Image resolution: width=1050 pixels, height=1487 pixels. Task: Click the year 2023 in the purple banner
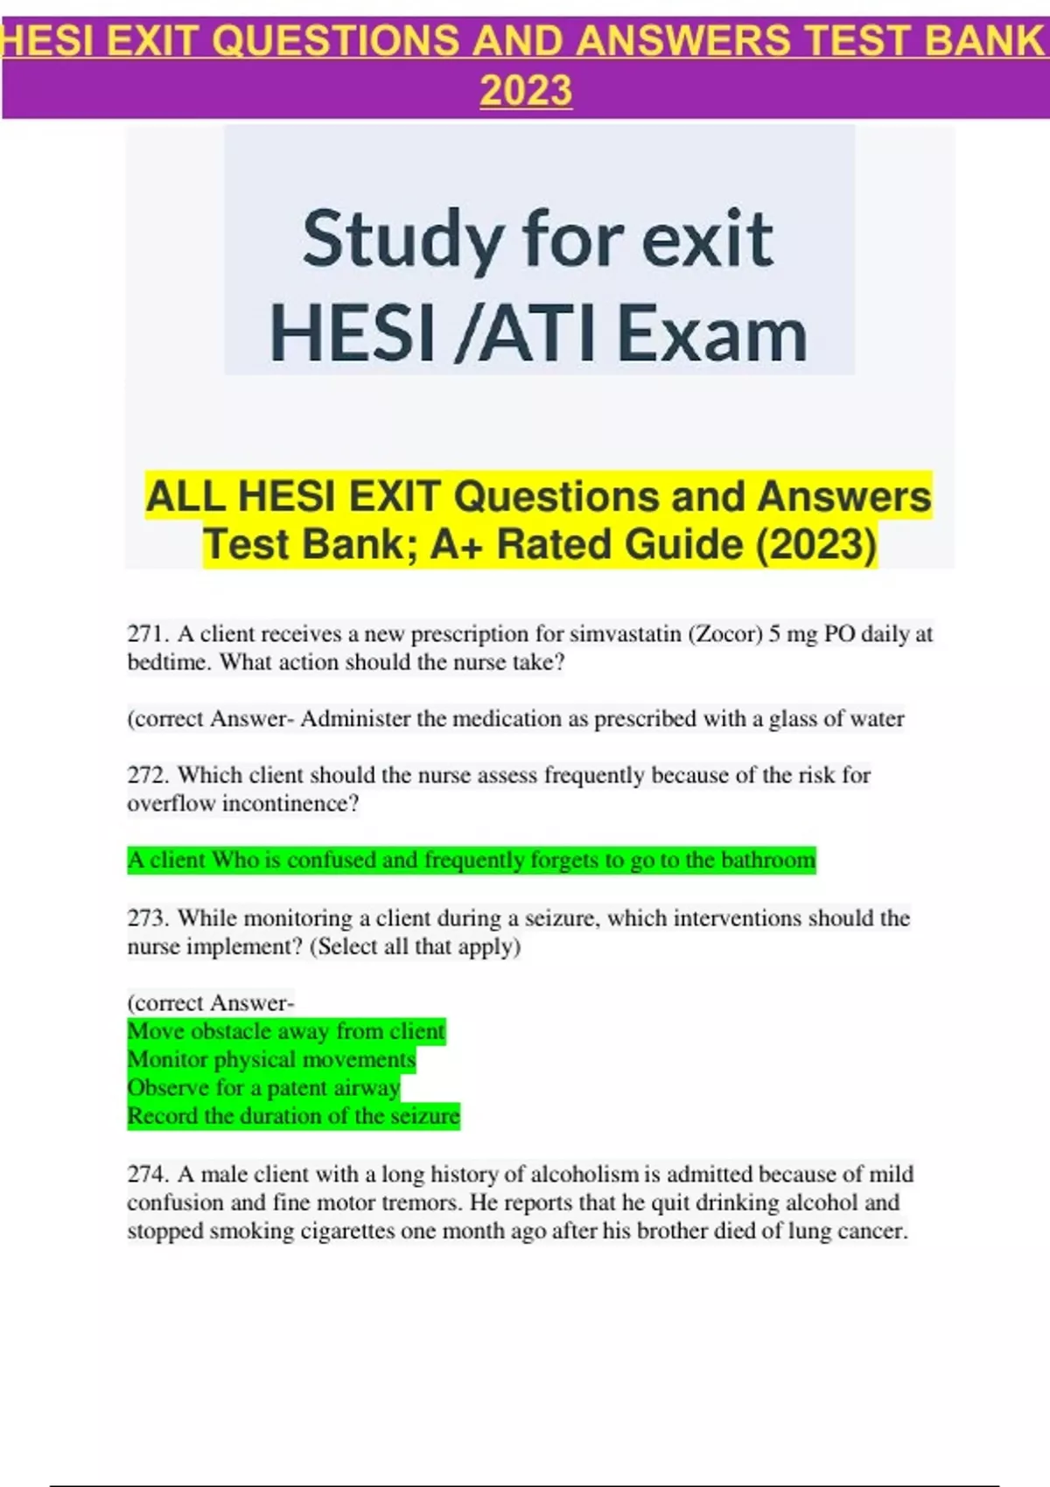click(526, 91)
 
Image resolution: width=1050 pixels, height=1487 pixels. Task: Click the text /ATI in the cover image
click(526, 334)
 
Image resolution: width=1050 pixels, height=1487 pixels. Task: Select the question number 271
click(147, 634)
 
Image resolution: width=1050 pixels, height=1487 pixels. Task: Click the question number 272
click(147, 775)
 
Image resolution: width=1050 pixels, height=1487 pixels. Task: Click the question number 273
click(147, 918)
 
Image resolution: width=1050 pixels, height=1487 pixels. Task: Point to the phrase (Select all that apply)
click(415, 946)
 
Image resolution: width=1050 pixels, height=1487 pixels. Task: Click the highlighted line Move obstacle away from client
click(286, 1031)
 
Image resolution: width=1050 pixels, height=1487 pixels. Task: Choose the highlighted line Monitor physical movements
click(271, 1060)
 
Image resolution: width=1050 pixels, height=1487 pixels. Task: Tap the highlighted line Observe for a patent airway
click(263, 1088)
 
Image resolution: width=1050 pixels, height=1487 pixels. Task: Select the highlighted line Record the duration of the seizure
click(293, 1117)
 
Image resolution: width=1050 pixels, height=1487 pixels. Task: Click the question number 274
click(147, 1174)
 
